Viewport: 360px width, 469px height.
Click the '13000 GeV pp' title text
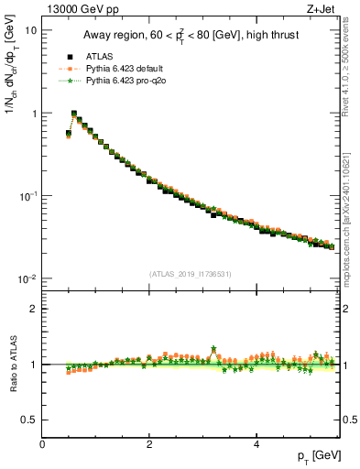click(x=80, y=10)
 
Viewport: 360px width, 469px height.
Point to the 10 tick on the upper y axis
click(x=30, y=30)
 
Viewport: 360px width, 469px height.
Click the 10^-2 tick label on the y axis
click(x=27, y=278)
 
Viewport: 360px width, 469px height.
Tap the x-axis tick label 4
click(x=256, y=444)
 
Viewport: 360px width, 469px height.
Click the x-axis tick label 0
click(x=42, y=444)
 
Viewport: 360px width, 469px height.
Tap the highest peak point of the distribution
click(x=74, y=114)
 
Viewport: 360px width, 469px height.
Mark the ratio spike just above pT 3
click(x=213, y=349)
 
